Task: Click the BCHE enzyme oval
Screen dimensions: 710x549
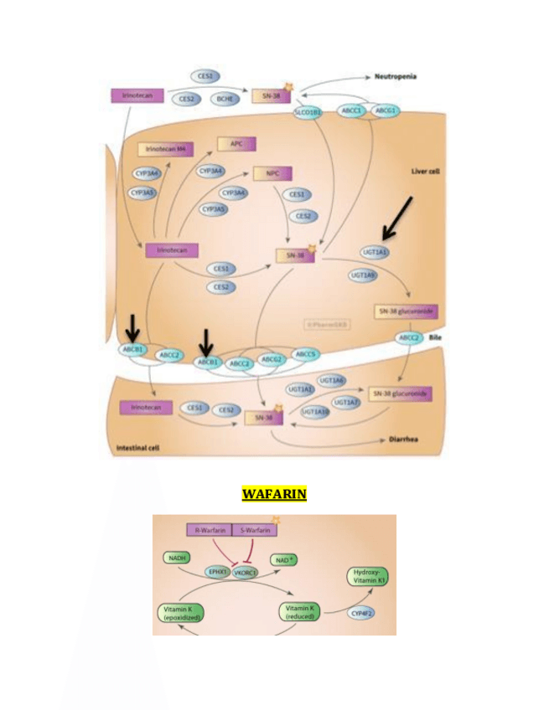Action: pyautogui.click(x=225, y=98)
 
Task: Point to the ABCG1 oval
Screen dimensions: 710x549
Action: pyautogui.click(x=386, y=110)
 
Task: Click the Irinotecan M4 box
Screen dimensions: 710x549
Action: pyautogui.click(x=165, y=148)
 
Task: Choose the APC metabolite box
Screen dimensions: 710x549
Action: pyautogui.click(x=236, y=143)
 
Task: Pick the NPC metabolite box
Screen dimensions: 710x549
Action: pyautogui.click(x=272, y=173)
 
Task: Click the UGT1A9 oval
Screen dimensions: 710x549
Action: pyautogui.click(x=363, y=274)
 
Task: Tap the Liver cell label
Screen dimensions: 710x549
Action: pyautogui.click(x=425, y=171)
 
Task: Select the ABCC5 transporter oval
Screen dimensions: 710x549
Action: pyautogui.click(x=307, y=354)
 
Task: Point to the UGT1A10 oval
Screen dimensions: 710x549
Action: pyautogui.click(x=314, y=411)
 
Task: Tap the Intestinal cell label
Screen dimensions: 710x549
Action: pyautogui.click(x=137, y=449)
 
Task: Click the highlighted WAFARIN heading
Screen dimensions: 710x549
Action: pyautogui.click(x=274, y=495)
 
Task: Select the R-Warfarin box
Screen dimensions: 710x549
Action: pyautogui.click(x=208, y=530)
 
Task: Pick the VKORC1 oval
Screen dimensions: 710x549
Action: pyautogui.click(x=246, y=572)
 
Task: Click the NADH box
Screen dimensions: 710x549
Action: pyautogui.click(x=177, y=557)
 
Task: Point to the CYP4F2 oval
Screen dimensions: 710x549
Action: pyautogui.click(x=362, y=613)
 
